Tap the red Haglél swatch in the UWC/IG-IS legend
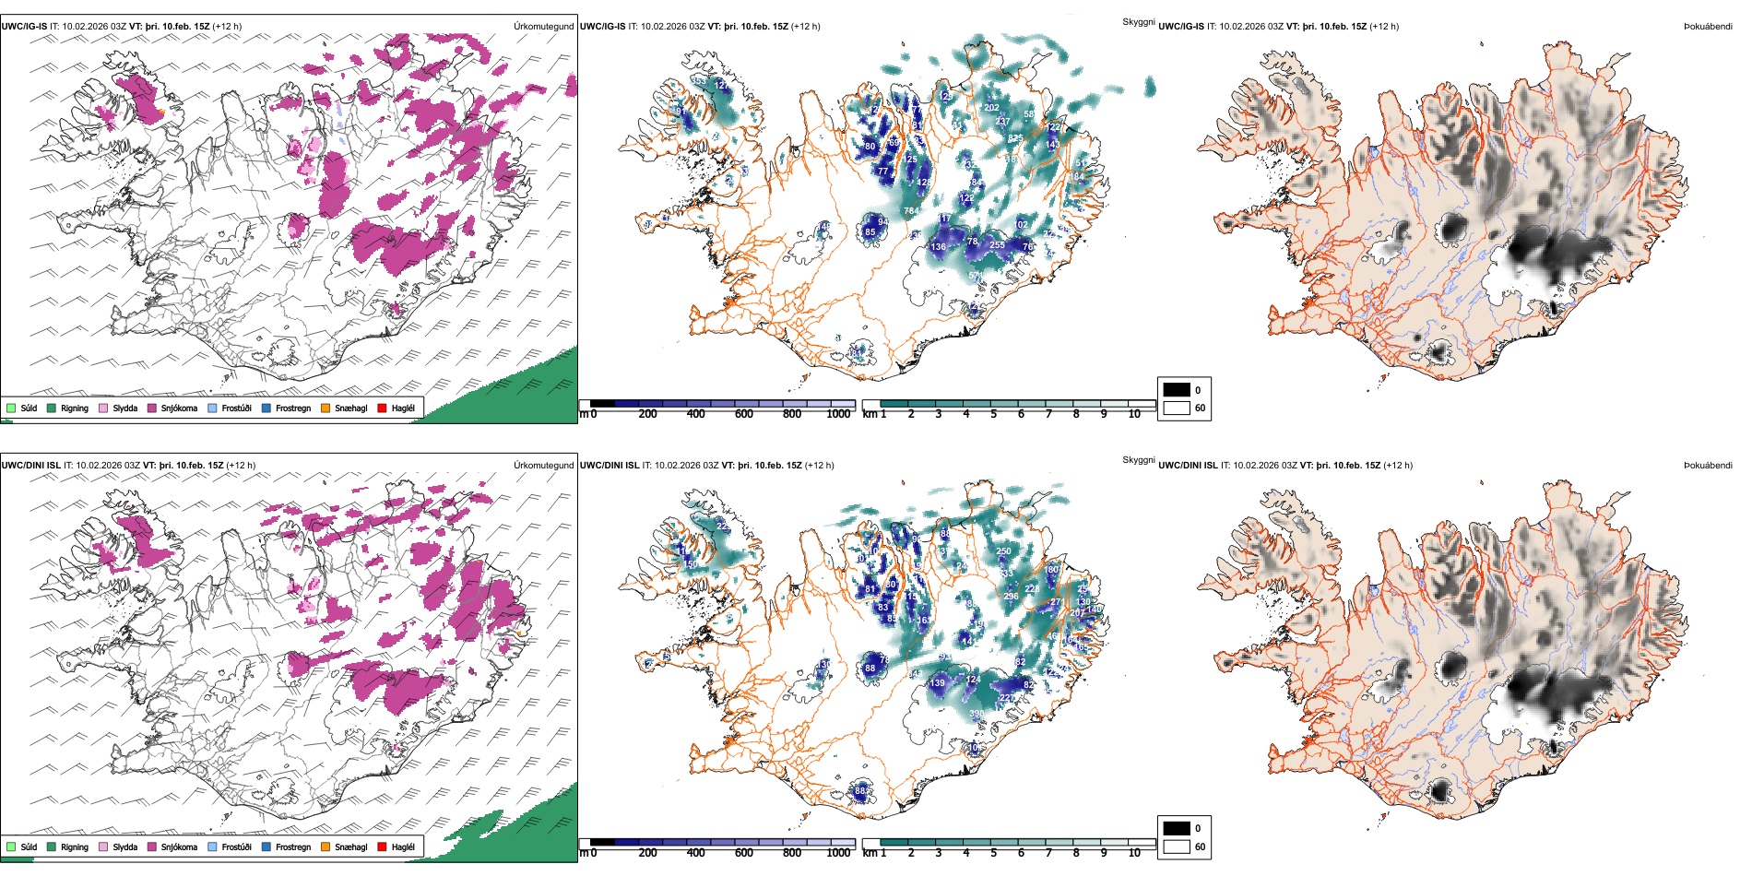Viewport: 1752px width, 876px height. pos(382,408)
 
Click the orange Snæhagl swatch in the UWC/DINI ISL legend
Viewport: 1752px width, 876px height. pos(326,846)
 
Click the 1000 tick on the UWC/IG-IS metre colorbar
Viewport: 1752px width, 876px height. pos(838,414)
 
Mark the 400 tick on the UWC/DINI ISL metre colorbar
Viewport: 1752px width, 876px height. pos(695,853)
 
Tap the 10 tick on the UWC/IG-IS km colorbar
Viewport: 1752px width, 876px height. pos(1134,414)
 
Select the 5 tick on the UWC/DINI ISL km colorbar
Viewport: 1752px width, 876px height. pos(994,853)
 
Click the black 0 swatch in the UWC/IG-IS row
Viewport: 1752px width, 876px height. pos(1177,390)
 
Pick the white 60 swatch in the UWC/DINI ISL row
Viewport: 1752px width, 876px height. pos(1177,846)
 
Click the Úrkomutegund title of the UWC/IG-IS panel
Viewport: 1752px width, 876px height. pos(543,27)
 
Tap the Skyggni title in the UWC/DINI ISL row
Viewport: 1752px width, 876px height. pos(1138,460)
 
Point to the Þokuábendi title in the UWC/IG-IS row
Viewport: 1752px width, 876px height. pos(1708,27)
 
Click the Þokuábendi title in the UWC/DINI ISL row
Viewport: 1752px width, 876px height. pos(1708,466)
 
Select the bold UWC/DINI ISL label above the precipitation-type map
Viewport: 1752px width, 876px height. pos(30,466)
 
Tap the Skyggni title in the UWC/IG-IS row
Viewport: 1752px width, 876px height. pos(1138,21)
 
